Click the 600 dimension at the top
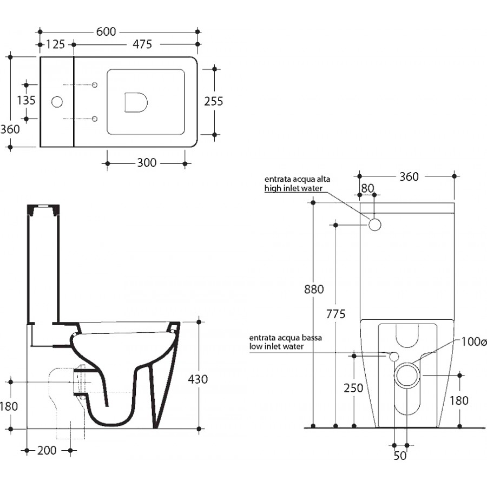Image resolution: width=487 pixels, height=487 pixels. click(x=106, y=32)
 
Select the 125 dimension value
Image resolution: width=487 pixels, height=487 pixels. click(x=56, y=44)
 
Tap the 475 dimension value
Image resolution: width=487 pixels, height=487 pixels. click(x=142, y=44)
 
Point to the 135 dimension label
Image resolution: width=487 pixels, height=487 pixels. click(x=26, y=100)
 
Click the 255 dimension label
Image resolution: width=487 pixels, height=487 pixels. click(x=213, y=101)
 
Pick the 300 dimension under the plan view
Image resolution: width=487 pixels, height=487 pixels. click(x=147, y=163)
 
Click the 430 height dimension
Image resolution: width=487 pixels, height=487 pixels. click(x=198, y=379)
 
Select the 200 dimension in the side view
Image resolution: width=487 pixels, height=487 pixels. click(x=47, y=450)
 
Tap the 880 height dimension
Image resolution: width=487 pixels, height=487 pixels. click(x=314, y=289)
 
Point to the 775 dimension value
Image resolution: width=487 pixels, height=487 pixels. click(x=335, y=314)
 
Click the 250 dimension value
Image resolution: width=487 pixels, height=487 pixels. click(x=353, y=388)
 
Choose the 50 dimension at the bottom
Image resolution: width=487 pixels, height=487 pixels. click(x=400, y=456)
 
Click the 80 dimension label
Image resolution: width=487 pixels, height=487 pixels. click(x=368, y=188)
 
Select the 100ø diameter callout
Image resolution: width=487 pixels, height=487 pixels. click(x=473, y=341)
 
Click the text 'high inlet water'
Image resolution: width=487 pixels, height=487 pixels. click(x=293, y=188)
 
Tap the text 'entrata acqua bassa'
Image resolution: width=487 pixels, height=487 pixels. click(x=285, y=338)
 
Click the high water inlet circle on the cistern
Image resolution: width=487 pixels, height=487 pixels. click(x=375, y=225)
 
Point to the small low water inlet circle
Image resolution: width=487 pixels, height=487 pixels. click(x=394, y=357)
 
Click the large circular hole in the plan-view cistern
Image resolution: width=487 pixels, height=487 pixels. click(x=57, y=102)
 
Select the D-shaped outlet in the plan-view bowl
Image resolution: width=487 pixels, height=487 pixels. click(x=136, y=102)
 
